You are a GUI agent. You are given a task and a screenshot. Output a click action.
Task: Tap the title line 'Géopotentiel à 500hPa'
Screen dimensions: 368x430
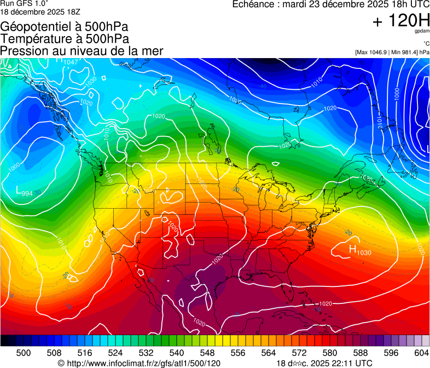click(65, 27)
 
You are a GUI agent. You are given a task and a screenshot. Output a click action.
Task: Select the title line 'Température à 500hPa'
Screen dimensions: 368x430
click(65, 39)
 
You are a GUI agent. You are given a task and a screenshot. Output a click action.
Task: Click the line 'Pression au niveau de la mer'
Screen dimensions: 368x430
click(82, 51)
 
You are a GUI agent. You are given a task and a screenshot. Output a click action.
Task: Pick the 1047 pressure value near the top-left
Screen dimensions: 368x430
click(71, 62)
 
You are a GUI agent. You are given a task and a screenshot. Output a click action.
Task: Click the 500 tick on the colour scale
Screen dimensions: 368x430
click(24, 352)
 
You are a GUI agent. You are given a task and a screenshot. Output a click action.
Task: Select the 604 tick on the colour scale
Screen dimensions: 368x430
click(422, 352)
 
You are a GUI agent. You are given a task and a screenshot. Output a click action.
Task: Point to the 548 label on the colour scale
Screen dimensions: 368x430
click(192, 352)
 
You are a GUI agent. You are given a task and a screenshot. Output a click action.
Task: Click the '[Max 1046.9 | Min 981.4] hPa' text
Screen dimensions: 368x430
click(392, 52)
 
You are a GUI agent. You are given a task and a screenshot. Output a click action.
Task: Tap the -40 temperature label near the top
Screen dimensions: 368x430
click(263, 87)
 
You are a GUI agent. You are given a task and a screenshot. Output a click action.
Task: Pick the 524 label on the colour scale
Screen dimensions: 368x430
click(115, 352)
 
